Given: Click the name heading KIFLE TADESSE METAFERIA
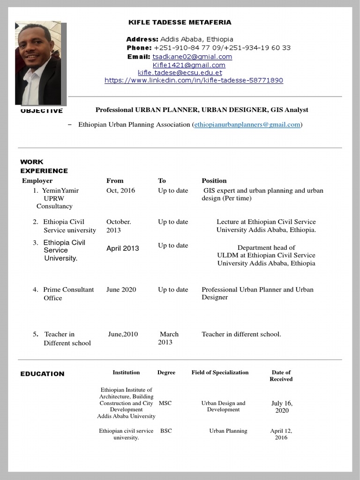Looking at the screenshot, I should click(x=180, y=22).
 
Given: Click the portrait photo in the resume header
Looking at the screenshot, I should click(x=38, y=63).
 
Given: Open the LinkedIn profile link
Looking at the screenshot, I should click(x=194, y=80).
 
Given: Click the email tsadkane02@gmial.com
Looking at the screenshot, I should click(x=192, y=57).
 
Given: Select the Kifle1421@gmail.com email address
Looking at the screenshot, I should click(x=189, y=65).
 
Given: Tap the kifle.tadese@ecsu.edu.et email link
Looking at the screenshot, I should click(x=180, y=73).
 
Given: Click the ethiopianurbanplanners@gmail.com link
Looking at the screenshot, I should click(x=247, y=125).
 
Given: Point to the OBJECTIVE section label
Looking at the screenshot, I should click(x=41, y=111).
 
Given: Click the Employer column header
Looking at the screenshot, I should click(x=37, y=180).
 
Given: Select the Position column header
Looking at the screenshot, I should click(x=214, y=180).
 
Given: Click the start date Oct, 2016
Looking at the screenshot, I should click(x=120, y=190).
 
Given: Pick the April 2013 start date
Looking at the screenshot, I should click(x=122, y=248).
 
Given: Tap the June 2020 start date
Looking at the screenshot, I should click(x=121, y=290).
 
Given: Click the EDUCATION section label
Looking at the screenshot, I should click(x=42, y=374).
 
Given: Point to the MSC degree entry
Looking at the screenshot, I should click(x=165, y=403).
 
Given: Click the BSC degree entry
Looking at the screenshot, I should click(x=166, y=431).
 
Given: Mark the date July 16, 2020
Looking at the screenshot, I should click(x=282, y=407).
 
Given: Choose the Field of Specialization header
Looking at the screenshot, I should click(x=220, y=373).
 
